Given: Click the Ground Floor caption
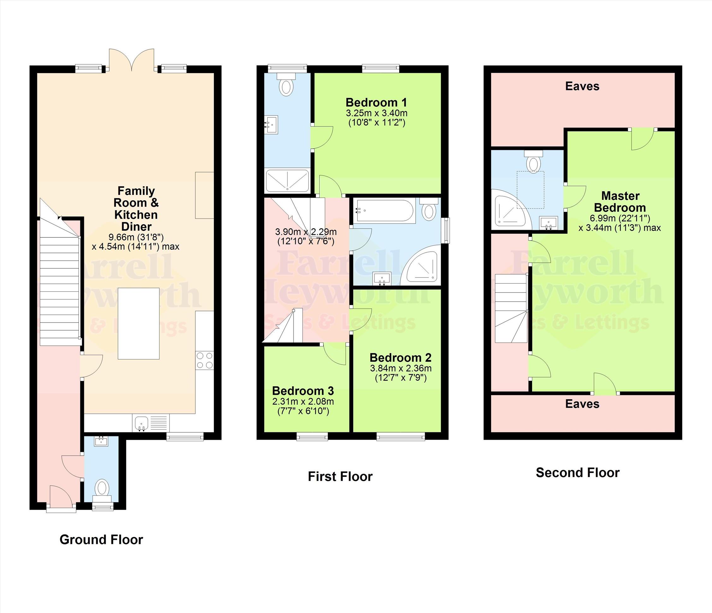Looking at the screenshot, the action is coord(101,540).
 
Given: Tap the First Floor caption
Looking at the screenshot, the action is coord(340,476).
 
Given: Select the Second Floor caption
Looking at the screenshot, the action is coord(578,473).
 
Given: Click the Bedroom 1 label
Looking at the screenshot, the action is coord(376,102).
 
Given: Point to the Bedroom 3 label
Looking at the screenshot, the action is coord(303,391).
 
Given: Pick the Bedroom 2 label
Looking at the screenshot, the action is coord(400,358).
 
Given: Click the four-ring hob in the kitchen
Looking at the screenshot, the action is coord(205,360).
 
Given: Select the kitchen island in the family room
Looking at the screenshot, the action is coord(139,324).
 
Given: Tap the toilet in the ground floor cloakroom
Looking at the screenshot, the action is coord(102,489).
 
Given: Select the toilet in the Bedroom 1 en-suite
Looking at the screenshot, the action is coord(286,84).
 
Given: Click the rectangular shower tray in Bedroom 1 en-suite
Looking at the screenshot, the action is coord(287,180).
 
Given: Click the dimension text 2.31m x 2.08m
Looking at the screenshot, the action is coord(303,401).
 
